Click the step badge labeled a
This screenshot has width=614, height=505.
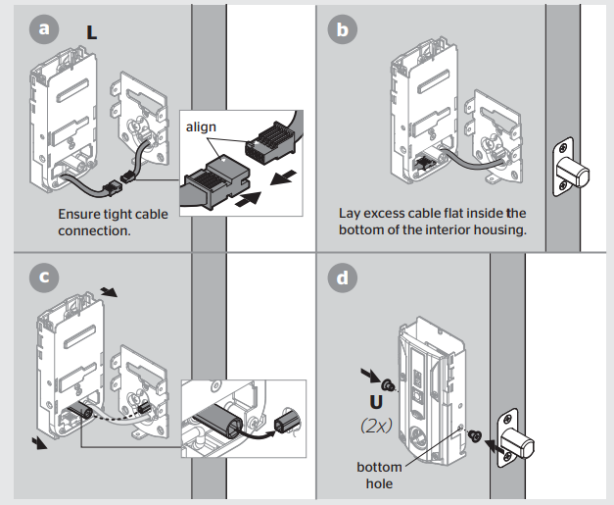point(42,30)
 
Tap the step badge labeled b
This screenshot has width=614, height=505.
point(342,30)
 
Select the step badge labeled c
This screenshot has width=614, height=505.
point(42,278)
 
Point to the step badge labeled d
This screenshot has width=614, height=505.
point(342,278)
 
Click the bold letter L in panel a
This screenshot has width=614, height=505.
point(91,32)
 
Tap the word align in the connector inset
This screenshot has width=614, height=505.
point(202,127)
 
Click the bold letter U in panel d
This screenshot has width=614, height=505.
point(375,402)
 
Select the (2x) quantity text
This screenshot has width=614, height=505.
point(377,428)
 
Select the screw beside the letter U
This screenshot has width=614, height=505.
point(388,380)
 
